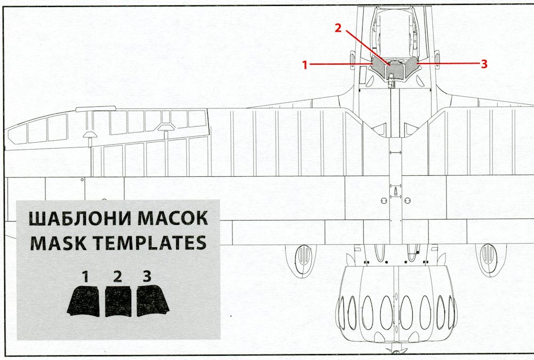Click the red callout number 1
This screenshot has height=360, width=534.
click(305, 65)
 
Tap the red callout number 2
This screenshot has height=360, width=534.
click(338, 29)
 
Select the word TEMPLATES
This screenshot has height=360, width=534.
click(151, 243)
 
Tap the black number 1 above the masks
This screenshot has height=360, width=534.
click(85, 277)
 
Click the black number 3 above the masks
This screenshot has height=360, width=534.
click(147, 277)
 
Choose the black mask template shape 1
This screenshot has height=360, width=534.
click(84, 301)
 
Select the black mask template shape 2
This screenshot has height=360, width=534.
click(118, 302)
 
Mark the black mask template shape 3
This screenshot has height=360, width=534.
click(153, 301)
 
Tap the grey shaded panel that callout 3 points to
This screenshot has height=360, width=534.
click(411, 68)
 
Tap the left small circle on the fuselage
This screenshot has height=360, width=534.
click(383, 200)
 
